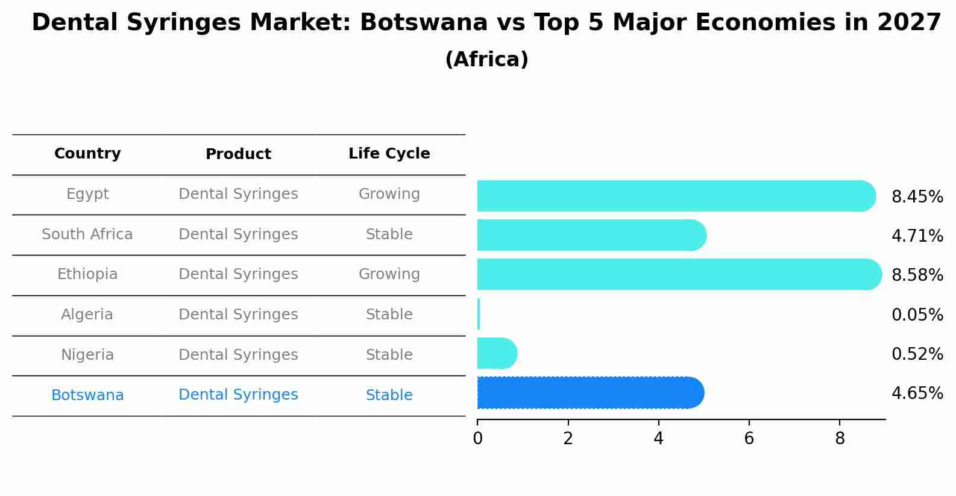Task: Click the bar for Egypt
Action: [x=675, y=196]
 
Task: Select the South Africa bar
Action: [x=591, y=235]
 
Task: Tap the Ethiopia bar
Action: [x=678, y=274]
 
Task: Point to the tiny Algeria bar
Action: [x=479, y=314]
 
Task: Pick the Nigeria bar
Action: [x=496, y=353]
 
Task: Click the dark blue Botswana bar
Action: [x=590, y=392]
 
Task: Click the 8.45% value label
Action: [x=917, y=197]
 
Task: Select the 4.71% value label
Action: [x=917, y=236]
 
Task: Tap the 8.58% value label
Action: [x=917, y=275]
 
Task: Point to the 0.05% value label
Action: [x=917, y=315]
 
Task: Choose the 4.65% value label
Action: [x=917, y=394]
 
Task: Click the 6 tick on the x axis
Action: [x=749, y=439]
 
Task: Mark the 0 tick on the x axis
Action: [x=477, y=439]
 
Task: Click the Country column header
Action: [x=87, y=154]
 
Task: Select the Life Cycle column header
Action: [x=389, y=154]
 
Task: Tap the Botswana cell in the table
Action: [x=87, y=395]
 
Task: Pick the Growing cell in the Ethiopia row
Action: [x=389, y=274]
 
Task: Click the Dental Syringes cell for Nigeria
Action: [x=238, y=355]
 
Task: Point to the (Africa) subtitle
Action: [x=486, y=60]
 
